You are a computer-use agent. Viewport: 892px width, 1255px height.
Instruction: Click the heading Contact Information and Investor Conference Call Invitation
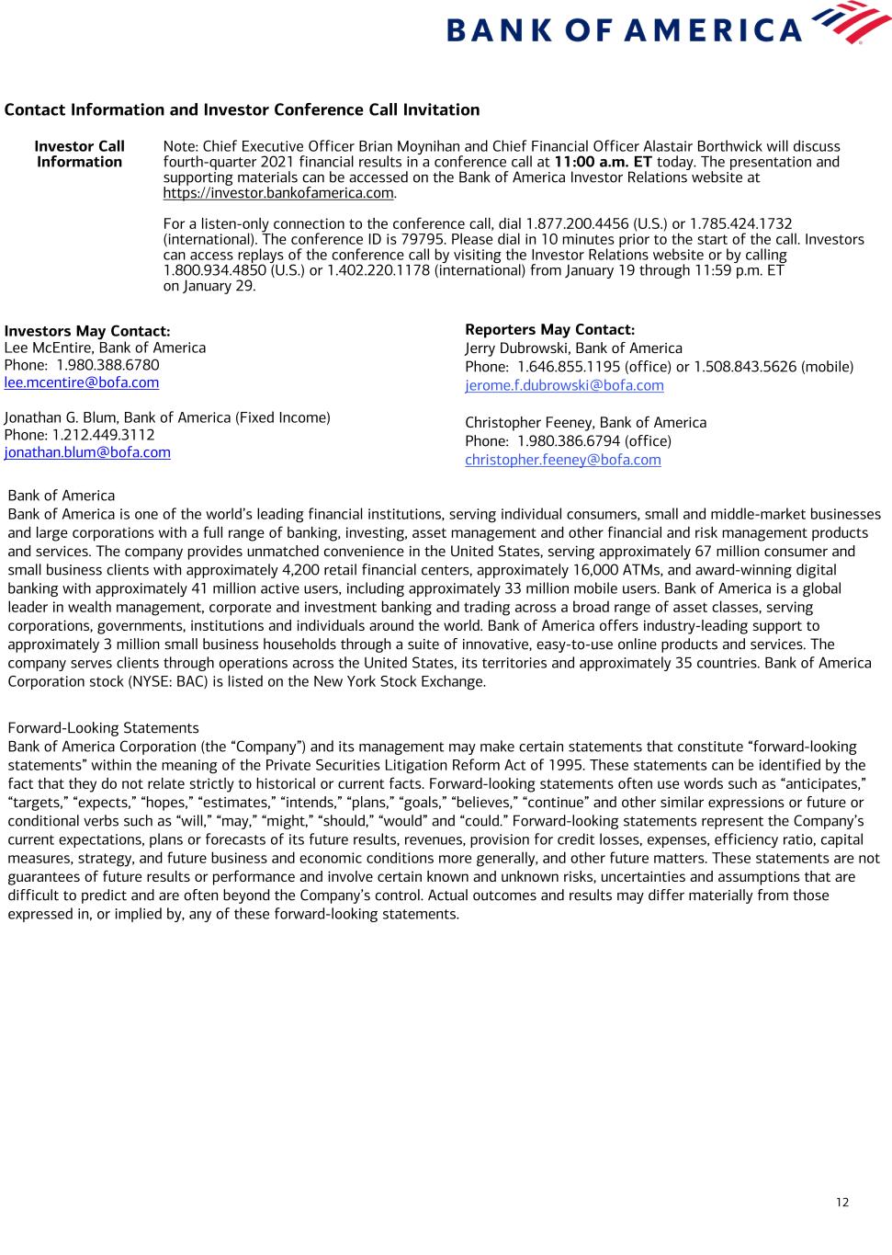[x=242, y=110]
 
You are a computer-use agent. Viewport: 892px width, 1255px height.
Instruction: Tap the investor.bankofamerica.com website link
[x=278, y=193]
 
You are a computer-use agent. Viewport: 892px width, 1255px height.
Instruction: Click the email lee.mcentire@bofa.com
[x=82, y=382]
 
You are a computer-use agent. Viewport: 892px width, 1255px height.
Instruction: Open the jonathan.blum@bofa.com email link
[x=87, y=452]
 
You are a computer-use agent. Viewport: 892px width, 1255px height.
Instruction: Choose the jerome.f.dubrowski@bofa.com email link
[x=564, y=386]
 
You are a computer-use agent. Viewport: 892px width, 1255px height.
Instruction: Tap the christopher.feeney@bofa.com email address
[x=562, y=460]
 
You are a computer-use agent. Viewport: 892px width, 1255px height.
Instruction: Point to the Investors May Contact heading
[x=87, y=331]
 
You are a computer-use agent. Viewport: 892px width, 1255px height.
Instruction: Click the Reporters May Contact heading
[x=549, y=329]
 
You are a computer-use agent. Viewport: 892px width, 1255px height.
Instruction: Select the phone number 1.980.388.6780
[x=108, y=365]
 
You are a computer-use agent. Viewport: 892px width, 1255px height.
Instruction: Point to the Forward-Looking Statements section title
[x=103, y=728]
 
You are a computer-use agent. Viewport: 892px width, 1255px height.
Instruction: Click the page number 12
[x=842, y=1203]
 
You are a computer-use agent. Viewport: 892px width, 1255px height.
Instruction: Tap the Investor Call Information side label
[x=80, y=154]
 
